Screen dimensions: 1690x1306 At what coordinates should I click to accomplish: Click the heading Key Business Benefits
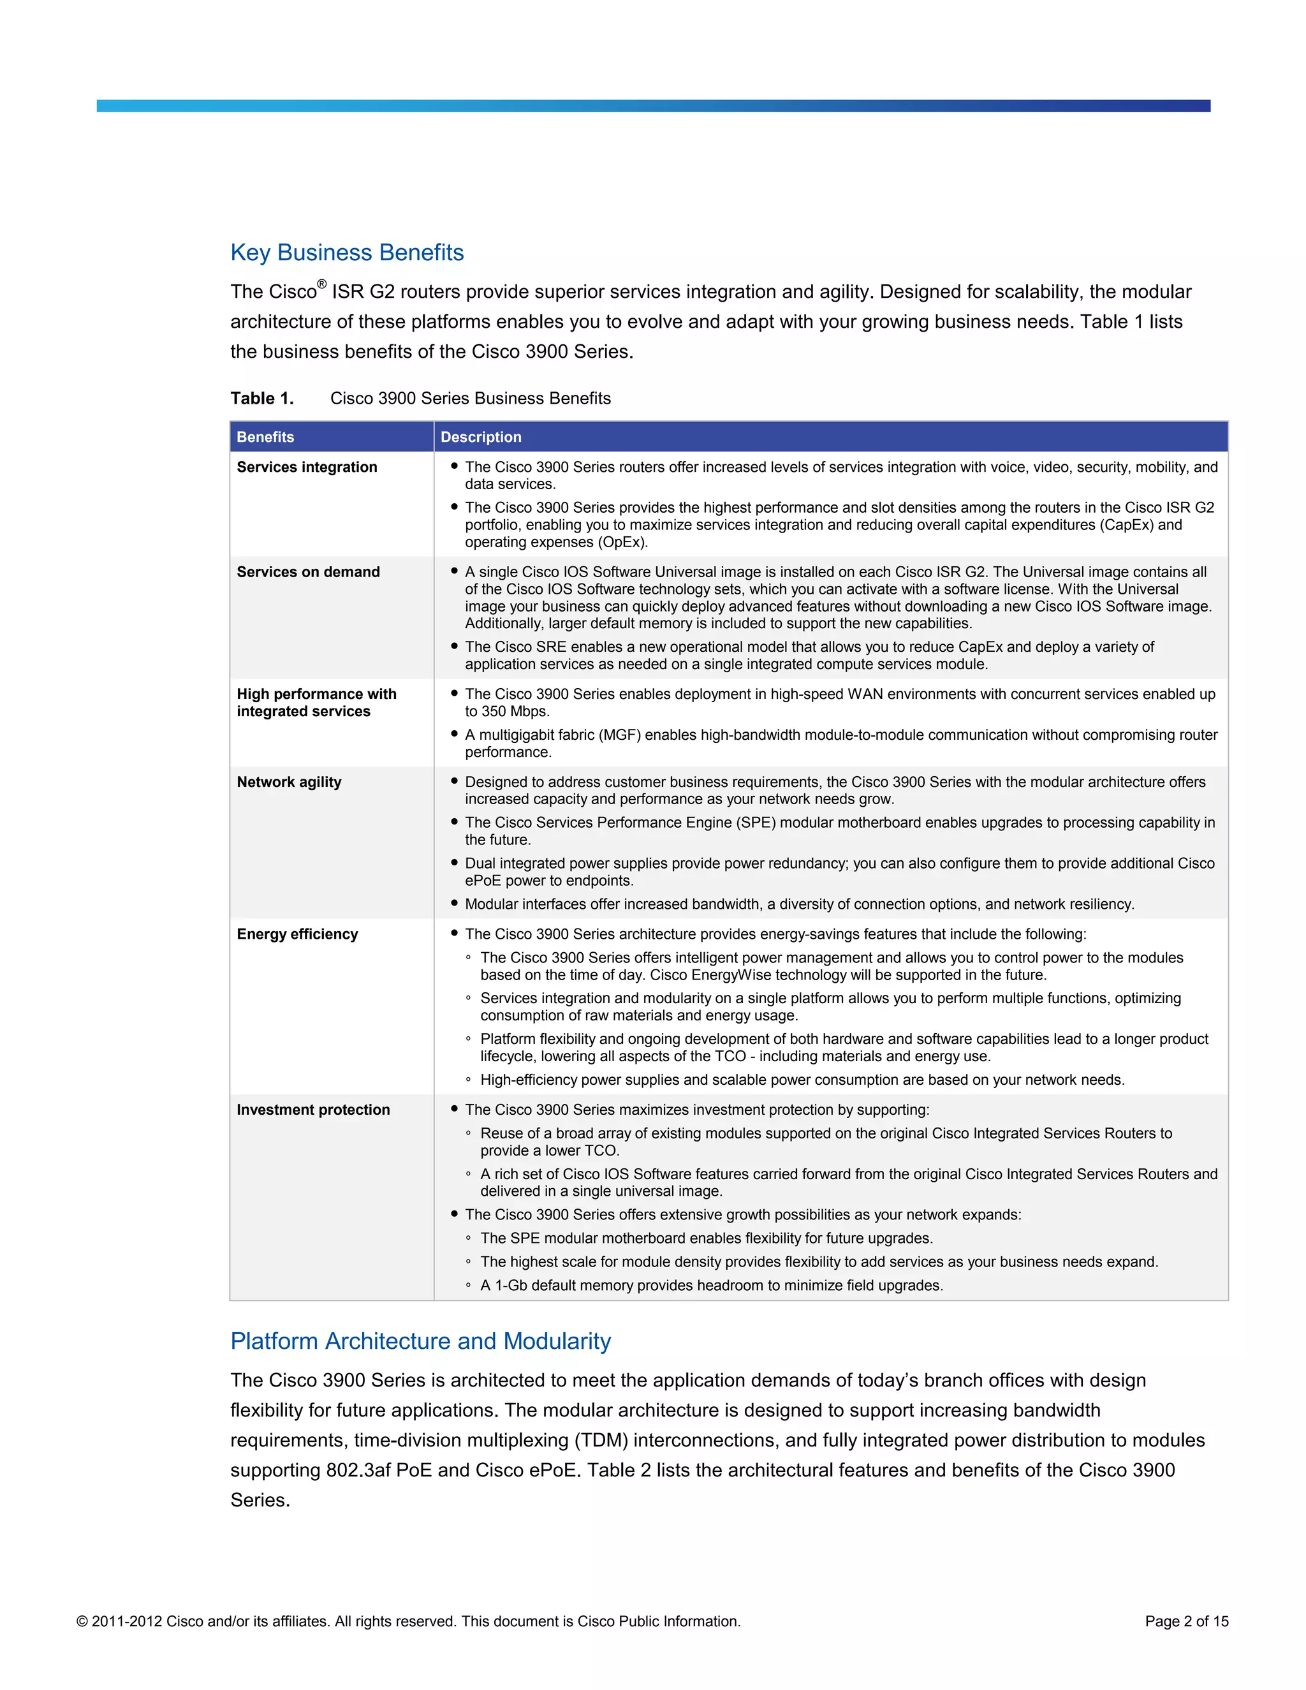click(x=347, y=253)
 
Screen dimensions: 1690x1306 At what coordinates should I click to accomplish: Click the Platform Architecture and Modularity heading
click(x=420, y=1341)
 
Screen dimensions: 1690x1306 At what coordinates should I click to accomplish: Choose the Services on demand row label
click(x=308, y=572)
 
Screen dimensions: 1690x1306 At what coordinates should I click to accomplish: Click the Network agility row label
click(x=289, y=782)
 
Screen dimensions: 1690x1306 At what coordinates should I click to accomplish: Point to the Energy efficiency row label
click(x=297, y=934)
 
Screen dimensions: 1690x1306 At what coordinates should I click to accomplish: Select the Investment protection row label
click(x=312, y=1110)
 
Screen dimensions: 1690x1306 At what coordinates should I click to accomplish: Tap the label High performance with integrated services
click(x=316, y=703)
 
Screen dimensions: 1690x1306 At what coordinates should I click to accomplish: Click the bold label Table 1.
click(x=261, y=398)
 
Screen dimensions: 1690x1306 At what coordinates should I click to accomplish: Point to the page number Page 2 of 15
click(x=1186, y=1621)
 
